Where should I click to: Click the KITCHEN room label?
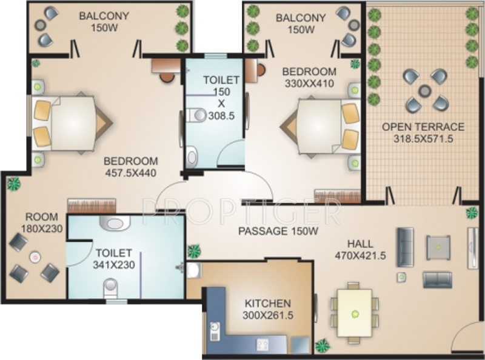pos(267,303)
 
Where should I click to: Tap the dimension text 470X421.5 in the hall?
pos(360,255)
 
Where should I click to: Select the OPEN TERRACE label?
pos(423,127)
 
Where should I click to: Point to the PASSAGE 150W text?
pos(278,231)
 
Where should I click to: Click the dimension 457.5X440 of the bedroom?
pos(130,173)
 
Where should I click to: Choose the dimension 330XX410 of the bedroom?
pos(309,84)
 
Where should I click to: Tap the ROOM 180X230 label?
pos(41,223)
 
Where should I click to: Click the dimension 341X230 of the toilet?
pos(113,264)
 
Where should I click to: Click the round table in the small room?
pos(35,257)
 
